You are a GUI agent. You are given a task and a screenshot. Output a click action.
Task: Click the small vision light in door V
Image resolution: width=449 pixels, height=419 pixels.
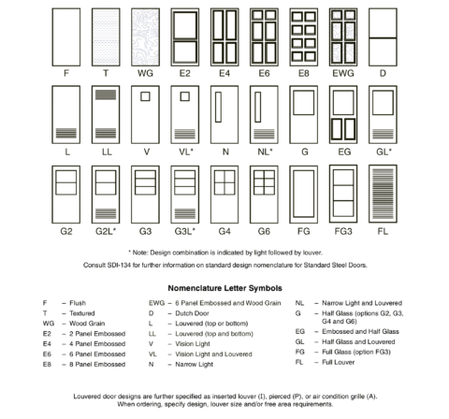click(143, 96)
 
